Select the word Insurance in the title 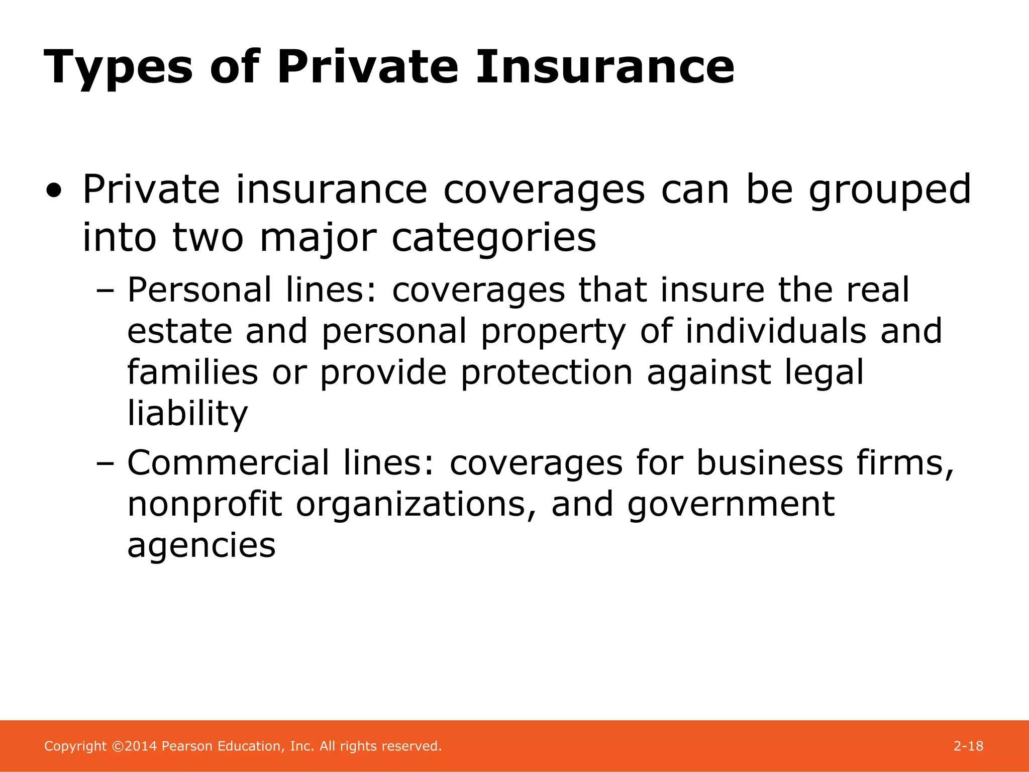point(605,67)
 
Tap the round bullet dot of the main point point(54,191)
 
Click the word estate point(180,332)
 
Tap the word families point(192,372)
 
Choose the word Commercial point(228,463)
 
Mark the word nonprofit point(205,504)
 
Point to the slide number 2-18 point(968,746)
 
